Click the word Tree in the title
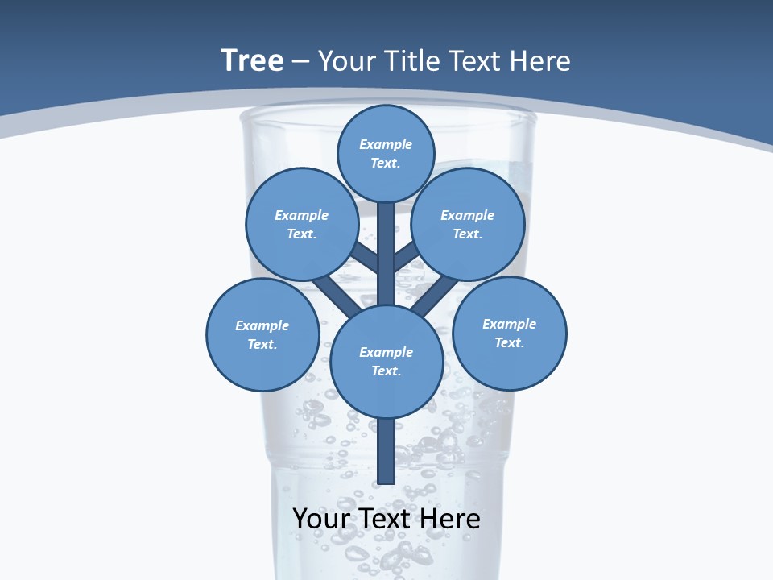pos(252,60)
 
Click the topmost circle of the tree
pos(386,153)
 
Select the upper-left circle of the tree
pos(301,224)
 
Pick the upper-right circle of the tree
pos(468,224)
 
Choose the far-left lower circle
pos(262,334)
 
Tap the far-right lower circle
pos(510,333)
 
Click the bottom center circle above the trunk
pos(386,361)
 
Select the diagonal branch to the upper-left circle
pos(364,255)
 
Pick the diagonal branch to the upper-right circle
pos(407,256)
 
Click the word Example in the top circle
pos(386,144)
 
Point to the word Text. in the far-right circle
pos(510,342)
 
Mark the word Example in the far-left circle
pos(262,325)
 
